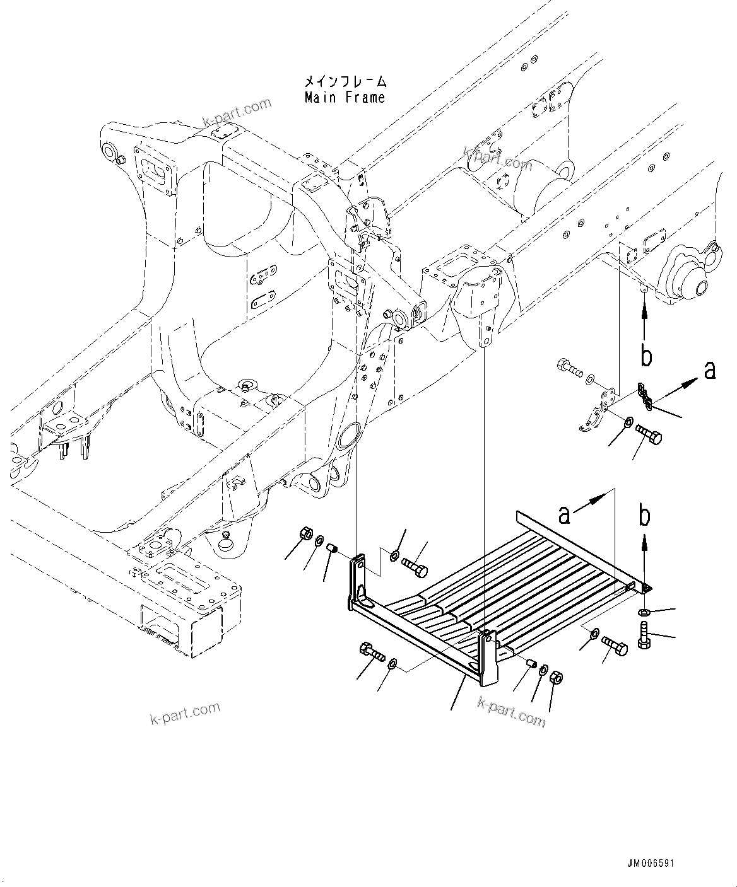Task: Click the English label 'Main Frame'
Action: tap(345, 98)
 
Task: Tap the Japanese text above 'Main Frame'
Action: tap(345, 82)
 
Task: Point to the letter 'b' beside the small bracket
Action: tap(646, 356)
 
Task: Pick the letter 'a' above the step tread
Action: tap(565, 514)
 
